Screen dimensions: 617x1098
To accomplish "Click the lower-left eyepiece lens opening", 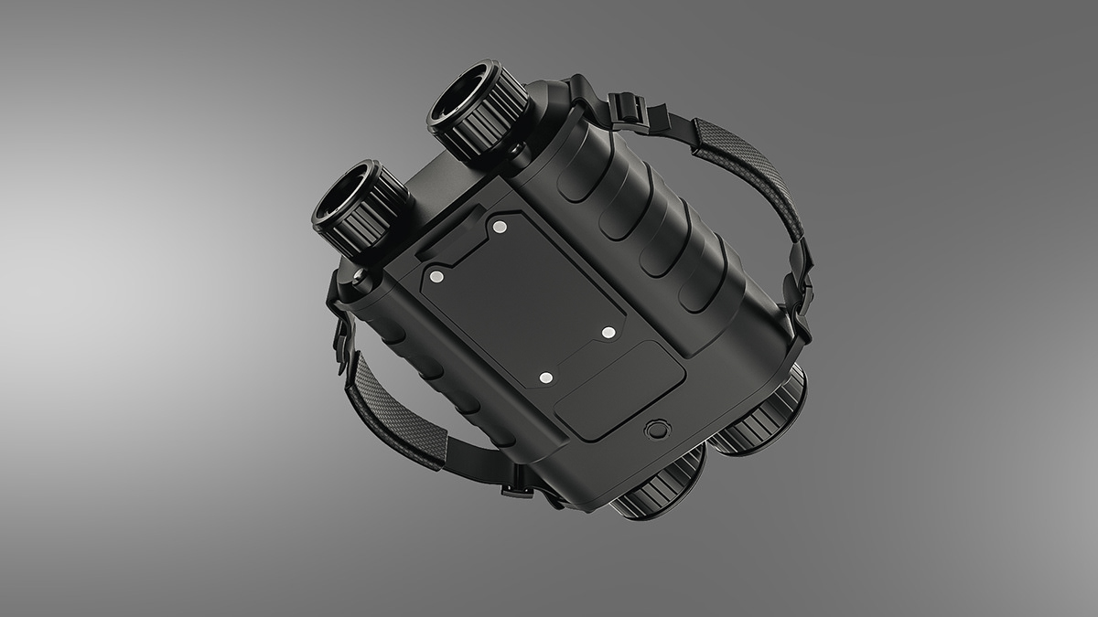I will point(348,195).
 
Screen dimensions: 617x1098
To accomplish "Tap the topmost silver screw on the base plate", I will point(499,226).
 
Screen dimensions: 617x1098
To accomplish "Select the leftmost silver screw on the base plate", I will point(436,275).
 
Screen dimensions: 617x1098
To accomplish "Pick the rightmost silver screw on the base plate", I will point(608,332).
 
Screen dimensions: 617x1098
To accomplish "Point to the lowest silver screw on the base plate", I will point(545,377).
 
